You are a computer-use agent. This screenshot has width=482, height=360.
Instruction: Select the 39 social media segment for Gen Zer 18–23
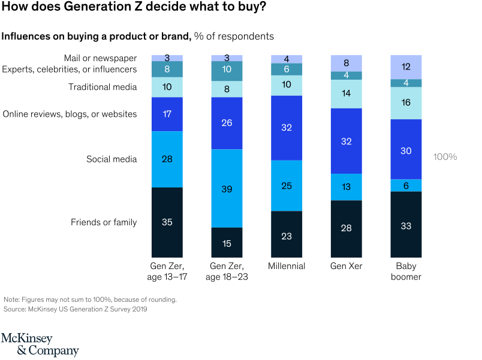(227, 188)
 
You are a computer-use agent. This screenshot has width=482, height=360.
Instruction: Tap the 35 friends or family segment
(167, 222)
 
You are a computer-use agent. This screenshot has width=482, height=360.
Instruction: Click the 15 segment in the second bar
(227, 243)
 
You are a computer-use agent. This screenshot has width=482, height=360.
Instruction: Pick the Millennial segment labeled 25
(287, 186)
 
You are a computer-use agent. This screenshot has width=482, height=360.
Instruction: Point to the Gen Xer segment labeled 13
(347, 186)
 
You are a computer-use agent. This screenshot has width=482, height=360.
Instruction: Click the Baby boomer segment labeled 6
(406, 186)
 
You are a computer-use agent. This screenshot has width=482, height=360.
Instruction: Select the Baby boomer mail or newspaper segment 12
(406, 66)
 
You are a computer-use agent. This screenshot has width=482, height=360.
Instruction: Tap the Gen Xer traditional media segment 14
(347, 94)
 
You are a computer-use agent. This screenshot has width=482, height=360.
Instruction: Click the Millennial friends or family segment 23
(287, 235)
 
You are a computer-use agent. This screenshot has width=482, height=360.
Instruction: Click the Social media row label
(112, 159)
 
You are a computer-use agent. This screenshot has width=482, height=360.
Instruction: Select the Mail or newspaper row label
(100, 58)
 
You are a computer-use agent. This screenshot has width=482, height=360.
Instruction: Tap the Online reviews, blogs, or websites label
(70, 114)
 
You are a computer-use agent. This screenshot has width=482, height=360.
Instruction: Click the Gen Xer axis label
(347, 266)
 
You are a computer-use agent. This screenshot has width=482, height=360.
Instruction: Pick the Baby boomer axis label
(406, 271)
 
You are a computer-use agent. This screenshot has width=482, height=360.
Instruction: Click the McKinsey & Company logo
(40, 344)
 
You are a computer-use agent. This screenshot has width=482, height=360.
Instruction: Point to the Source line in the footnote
(75, 310)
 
